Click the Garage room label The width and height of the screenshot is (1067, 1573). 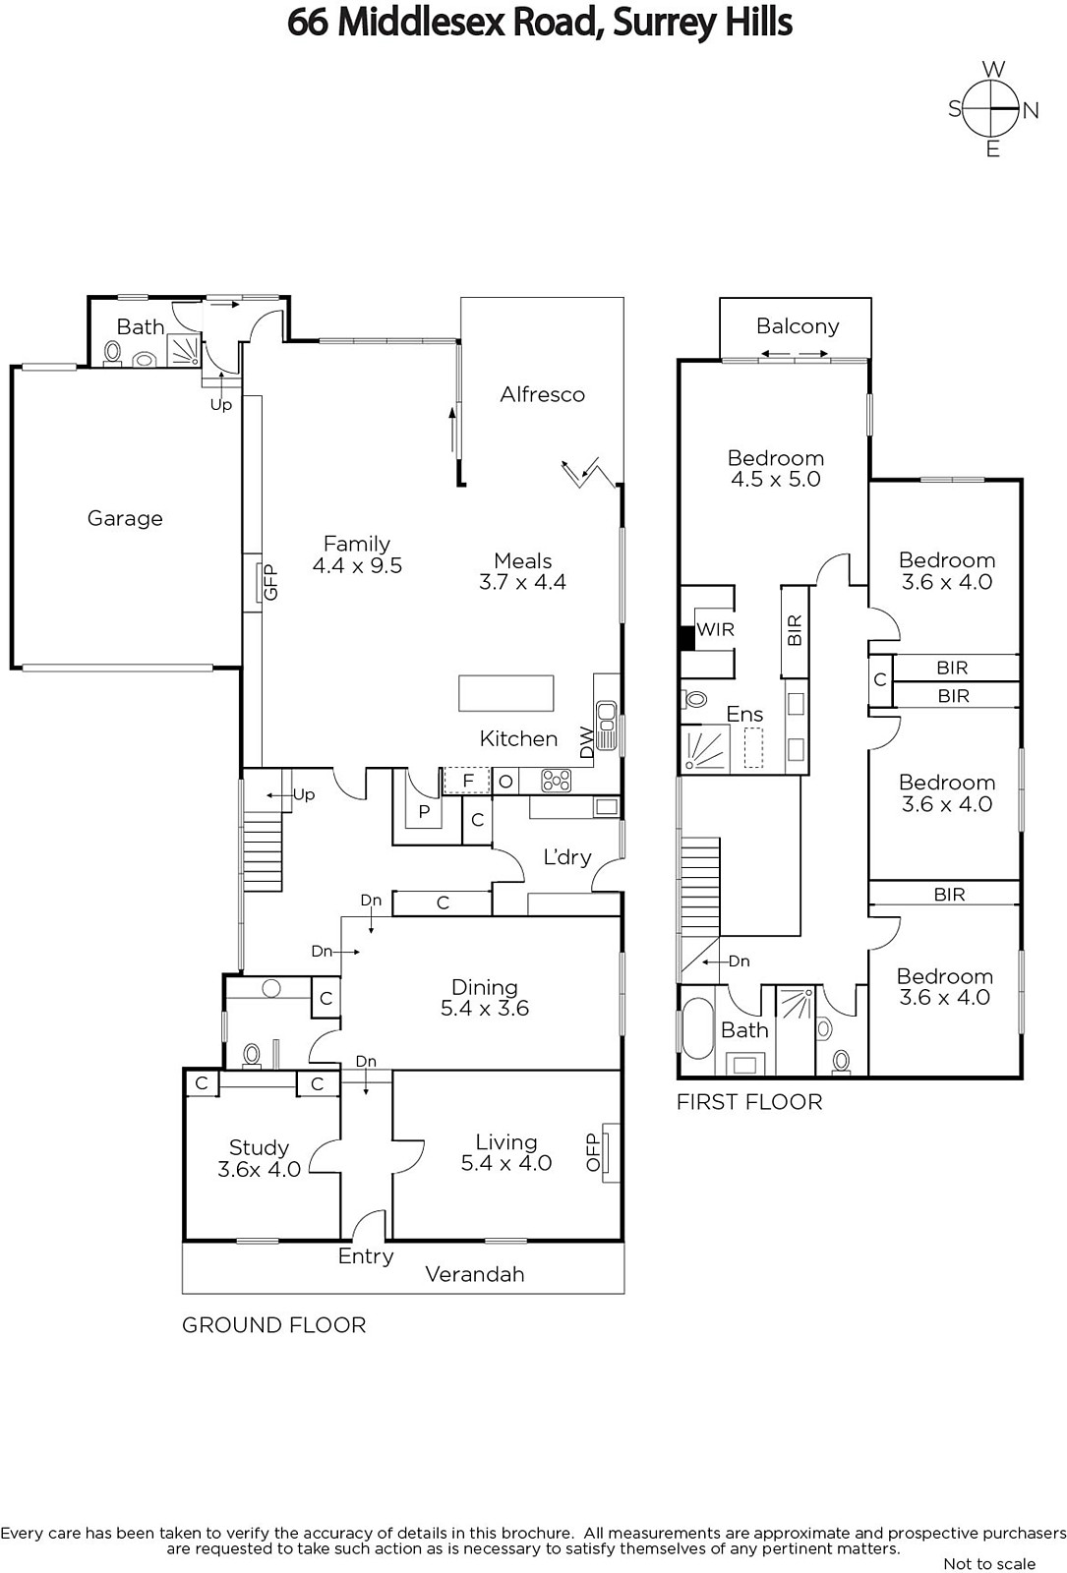pyautogui.click(x=125, y=518)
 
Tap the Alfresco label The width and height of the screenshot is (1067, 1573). pyautogui.click(x=542, y=394)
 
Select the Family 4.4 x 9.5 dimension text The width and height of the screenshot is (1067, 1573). pyautogui.click(x=358, y=565)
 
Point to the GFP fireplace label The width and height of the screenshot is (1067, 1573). pyautogui.click(x=271, y=582)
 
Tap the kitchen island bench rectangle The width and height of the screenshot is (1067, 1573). pyautogui.click(x=505, y=693)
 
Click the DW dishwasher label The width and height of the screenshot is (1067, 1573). pyautogui.click(x=586, y=741)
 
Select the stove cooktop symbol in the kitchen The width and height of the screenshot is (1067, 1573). pyautogui.click(x=556, y=781)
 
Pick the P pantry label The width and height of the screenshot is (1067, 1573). pyautogui.click(x=424, y=812)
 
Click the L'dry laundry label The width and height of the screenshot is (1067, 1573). pyautogui.click(x=567, y=856)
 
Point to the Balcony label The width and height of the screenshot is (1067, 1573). pyautogui.click(x=798, y=326)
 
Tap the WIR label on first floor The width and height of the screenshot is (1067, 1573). pyautogui.click(x=716, y=629)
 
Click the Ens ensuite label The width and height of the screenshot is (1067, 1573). pyautogui.click(x=744, y=714)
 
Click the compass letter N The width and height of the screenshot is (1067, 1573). pyautogui.click(x=1031, y=110)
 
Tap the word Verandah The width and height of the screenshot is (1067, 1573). pyautogui.click(x=475, y=1274)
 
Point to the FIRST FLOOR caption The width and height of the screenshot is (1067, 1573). pyautogui.click(x=749, y=1102)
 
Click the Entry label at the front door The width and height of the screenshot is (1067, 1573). pyautogui.click(x=366, y=1256)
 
